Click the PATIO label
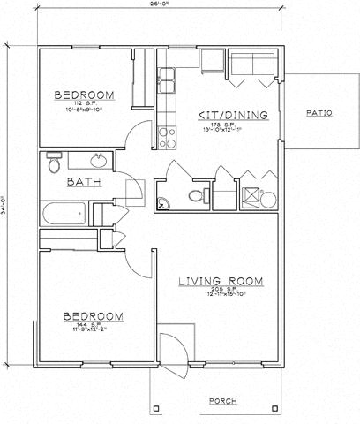[x=318, y=113]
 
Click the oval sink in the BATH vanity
[x=99, y=160]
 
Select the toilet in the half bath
[x=196, y=196]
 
